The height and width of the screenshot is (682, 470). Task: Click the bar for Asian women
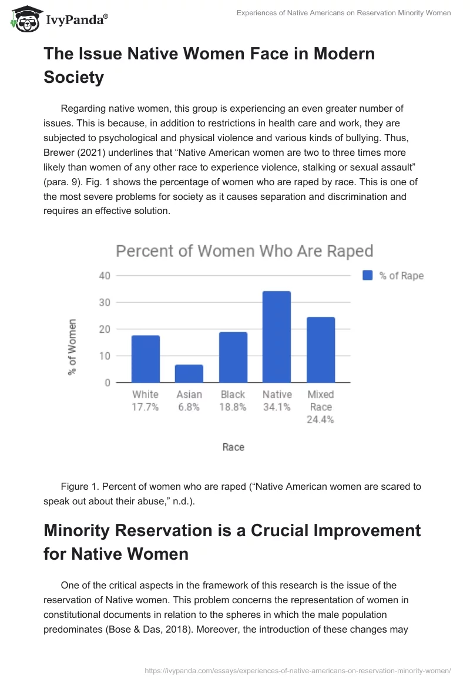(189, 373)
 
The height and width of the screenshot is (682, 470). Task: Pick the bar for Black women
(233, 357)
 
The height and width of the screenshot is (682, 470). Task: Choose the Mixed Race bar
(321, 350)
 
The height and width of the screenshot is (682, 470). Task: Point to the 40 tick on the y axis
(104, 275)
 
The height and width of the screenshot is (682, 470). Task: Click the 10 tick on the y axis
(104, 356)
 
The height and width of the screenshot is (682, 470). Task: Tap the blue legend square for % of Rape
(368, 275)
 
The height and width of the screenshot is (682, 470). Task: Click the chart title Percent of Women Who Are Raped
(244, 252)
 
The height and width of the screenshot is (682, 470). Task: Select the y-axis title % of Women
(73, 347)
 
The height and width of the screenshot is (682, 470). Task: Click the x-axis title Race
(233, 447)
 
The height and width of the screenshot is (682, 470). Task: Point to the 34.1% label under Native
(277, 407)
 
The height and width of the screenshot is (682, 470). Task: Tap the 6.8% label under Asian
(189, 407)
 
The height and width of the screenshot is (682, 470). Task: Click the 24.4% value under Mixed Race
(321, 420)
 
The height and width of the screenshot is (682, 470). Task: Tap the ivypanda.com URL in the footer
(298, 670)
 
